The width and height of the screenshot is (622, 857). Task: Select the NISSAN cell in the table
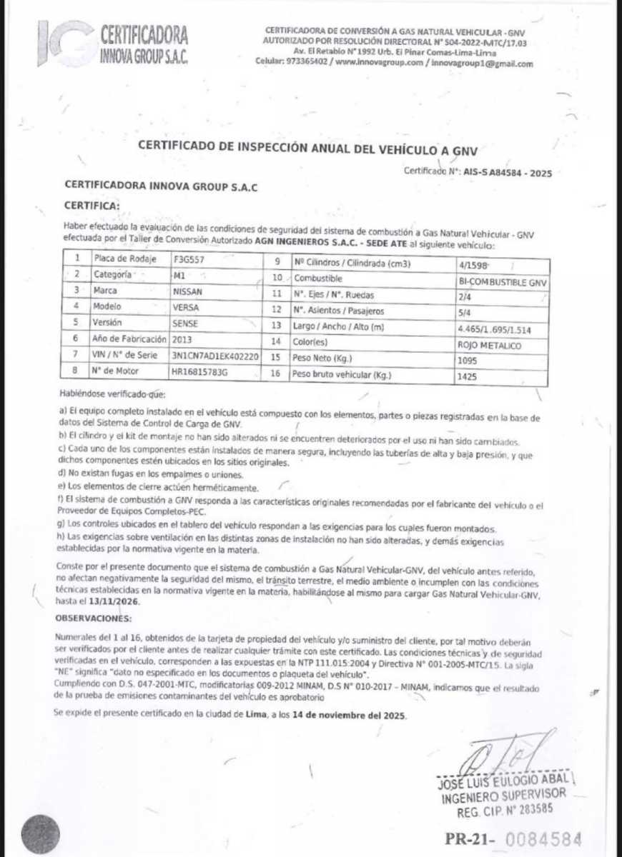[x=187, y=291]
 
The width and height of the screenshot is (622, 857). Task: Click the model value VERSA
[x=186, y=308]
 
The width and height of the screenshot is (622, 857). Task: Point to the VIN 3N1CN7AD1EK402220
[x=214, y=355]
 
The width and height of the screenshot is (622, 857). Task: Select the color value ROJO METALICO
[x=491, y=346]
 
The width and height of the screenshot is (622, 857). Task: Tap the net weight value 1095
[x=466, y=361]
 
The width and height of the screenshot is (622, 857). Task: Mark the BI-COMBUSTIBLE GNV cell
[x=503, y=282]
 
